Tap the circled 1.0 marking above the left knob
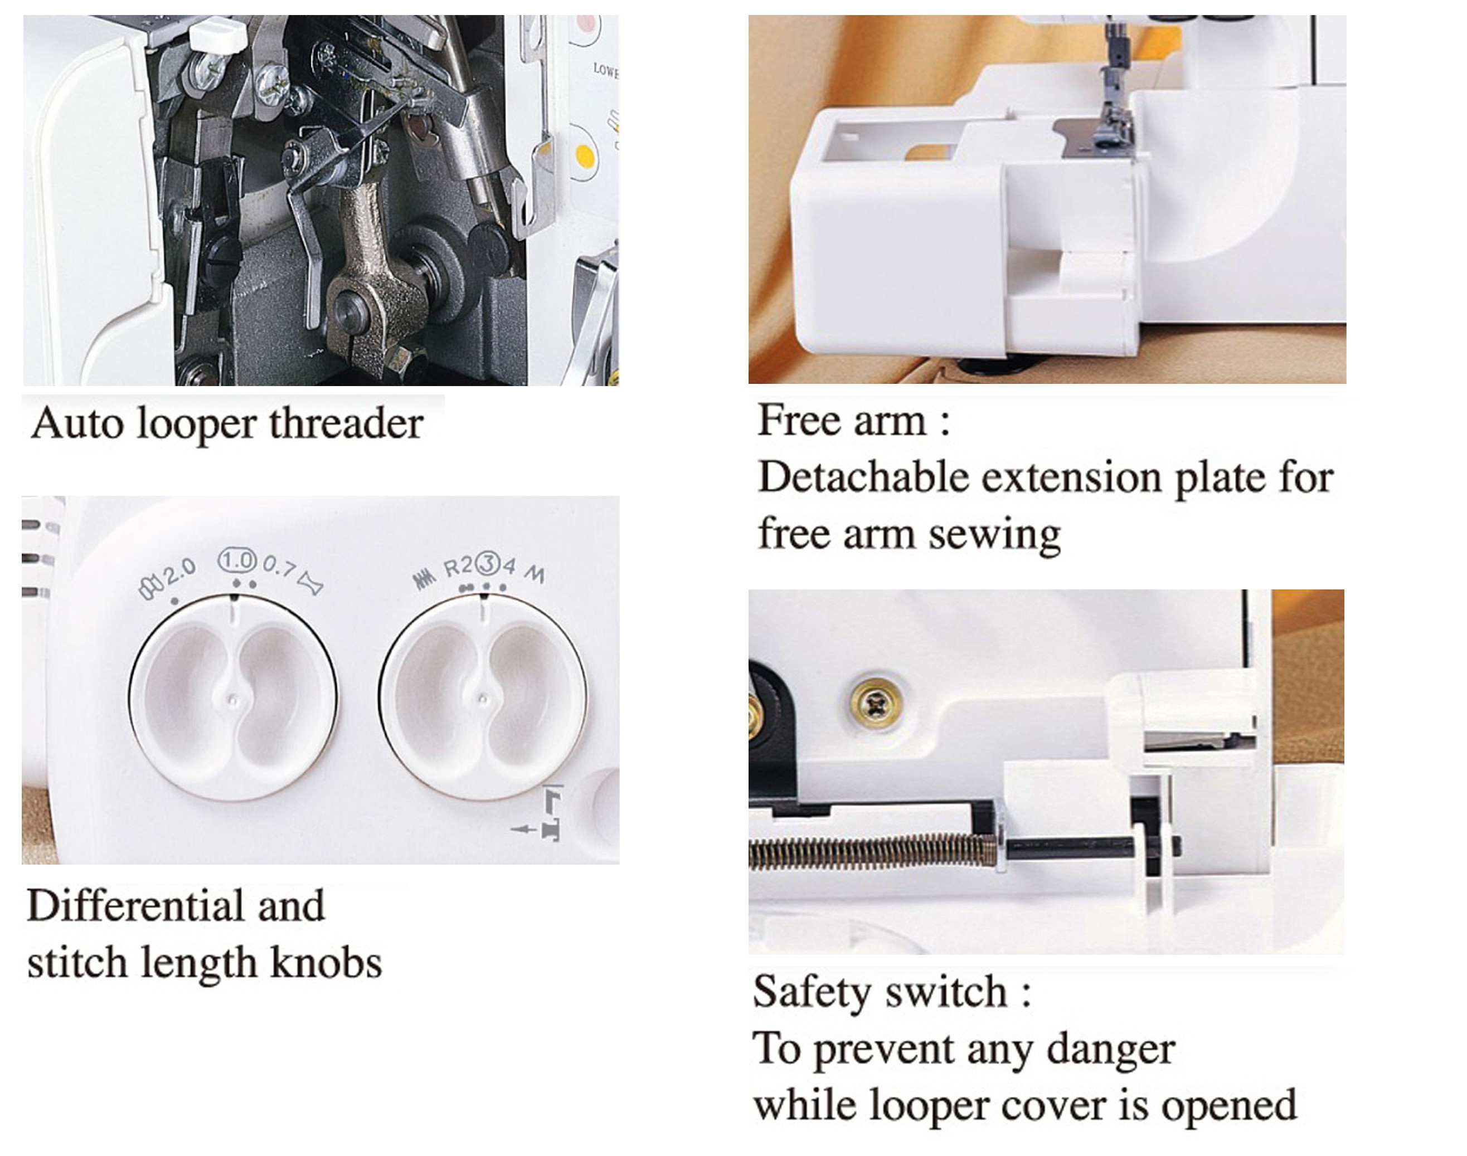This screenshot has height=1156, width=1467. tap(237, 560)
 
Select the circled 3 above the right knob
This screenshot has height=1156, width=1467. tap(486, 563)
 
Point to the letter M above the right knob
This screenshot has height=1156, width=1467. tap(535, 574)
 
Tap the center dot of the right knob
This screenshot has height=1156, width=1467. tap(483, 699)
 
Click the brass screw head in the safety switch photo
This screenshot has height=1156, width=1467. tap(877, 706)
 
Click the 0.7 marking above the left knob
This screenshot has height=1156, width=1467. tap(279, 567)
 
